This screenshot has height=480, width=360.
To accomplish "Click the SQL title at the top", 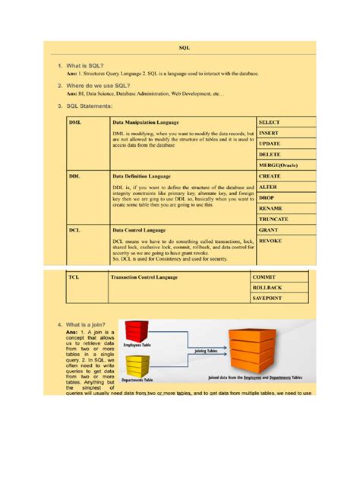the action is (x=184, y=48).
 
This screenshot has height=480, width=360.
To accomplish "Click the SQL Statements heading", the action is (x=90, y=106).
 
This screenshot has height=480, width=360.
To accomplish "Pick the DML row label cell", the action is (x=75, y=122).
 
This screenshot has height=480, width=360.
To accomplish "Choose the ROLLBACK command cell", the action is (x=270, y=288).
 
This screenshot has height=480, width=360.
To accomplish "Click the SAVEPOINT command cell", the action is (x=270, y=299).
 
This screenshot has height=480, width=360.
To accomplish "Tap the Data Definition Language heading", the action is (x=147, y=175).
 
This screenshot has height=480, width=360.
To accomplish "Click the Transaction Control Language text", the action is (x=144, y=277).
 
